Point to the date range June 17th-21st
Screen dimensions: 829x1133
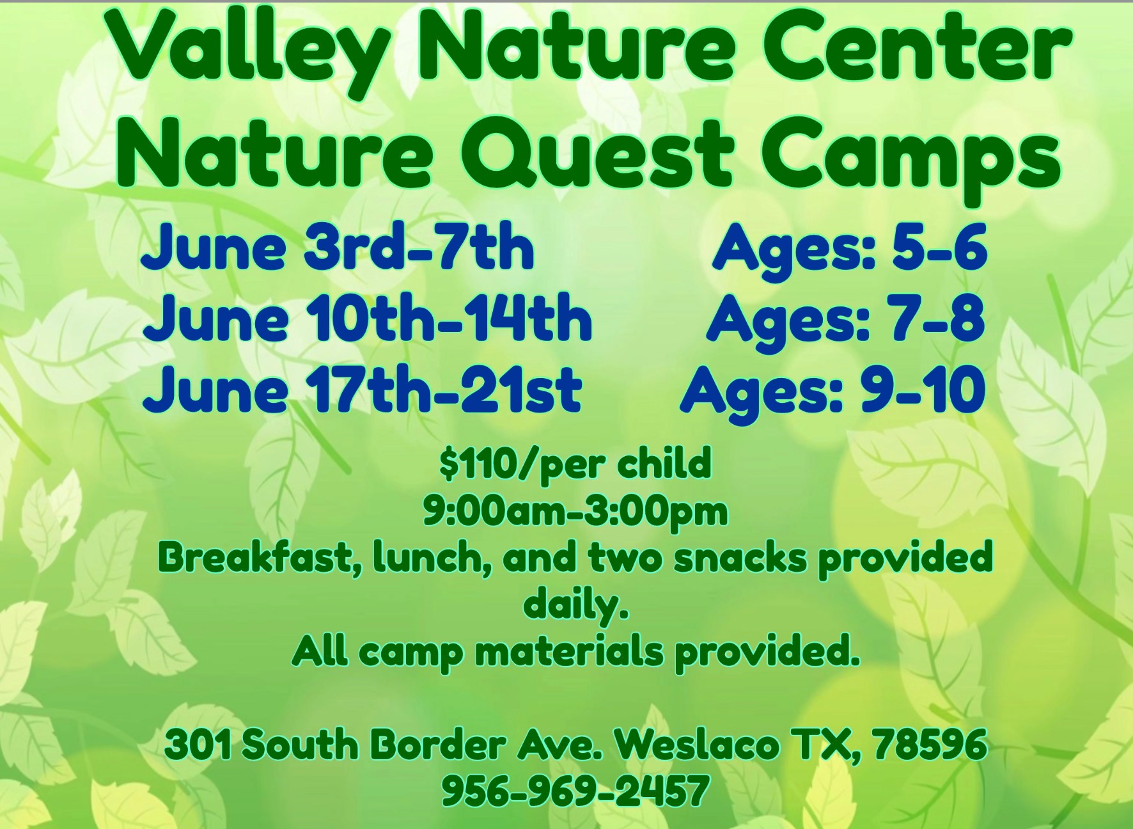tap(362, 390)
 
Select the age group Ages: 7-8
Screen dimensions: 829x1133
tap(845, 320)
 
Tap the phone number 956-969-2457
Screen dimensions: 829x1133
tap(575, 791)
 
